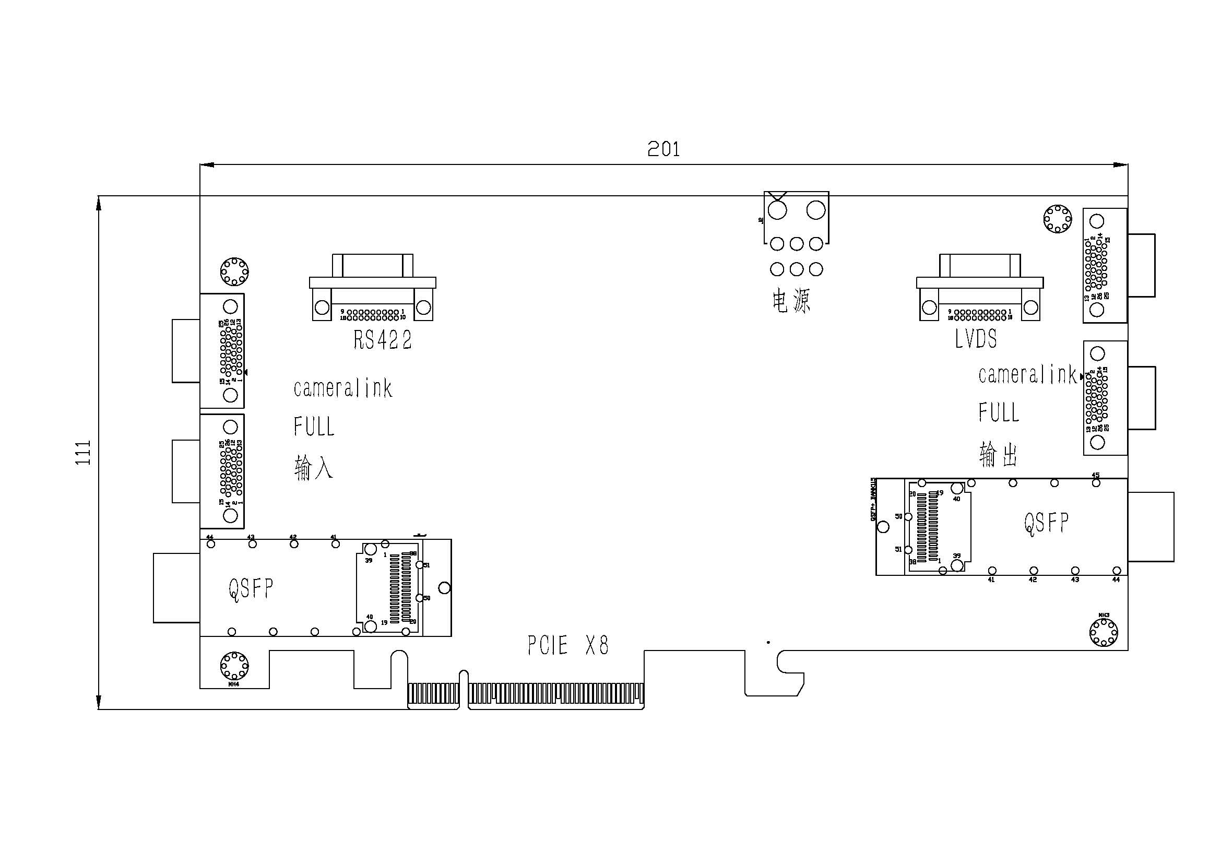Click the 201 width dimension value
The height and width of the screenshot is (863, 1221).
(x=663, y=149)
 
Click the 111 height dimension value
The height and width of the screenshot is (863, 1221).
(x=84, y=453)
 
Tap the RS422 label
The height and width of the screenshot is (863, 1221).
(x=383, y=340)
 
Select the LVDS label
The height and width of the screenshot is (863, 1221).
(x=976, y=339)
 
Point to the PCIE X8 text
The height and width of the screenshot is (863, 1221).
(x=568, y=645)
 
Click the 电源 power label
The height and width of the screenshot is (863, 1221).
(x=791, y=301)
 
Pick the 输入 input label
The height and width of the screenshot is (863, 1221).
(x=314, y=467)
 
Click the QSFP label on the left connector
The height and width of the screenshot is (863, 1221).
(x=251, y=589)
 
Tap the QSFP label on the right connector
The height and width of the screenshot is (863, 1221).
(x=1046, y=523)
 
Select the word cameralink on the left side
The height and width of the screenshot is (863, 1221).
(x=343, y=388)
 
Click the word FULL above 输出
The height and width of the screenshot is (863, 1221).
(x=999, y=412)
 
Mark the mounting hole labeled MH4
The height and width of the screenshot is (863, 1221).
(x=234, y=666)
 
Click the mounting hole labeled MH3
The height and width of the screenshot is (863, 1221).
(x=1104, y=633)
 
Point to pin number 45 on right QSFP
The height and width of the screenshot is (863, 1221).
(x=1096, y=476)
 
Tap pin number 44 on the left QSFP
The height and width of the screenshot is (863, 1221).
(x=210, y=538)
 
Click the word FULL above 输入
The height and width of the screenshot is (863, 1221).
(x=314, y=427)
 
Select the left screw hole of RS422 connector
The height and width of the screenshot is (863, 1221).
(x=322, y=308)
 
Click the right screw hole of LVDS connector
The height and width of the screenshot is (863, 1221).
(x=1030, y=308)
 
